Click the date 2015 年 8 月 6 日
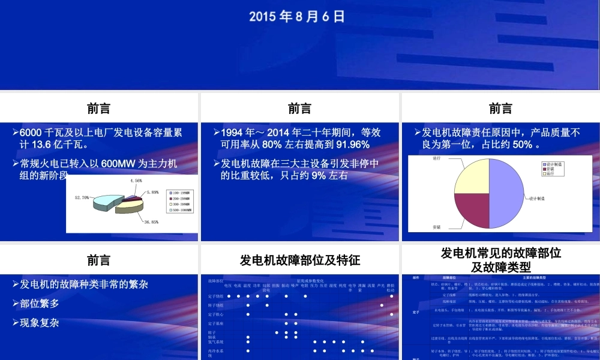(298, 16)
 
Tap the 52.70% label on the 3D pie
(82, 197)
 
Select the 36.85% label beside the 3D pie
(151, 221)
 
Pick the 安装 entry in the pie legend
(550, 169)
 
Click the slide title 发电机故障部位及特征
(300, 260)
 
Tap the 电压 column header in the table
(228, 286)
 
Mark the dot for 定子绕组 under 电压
(228, 296)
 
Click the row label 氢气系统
(215, 341)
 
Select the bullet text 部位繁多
(40, 303)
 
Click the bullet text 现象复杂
(40, 322)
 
